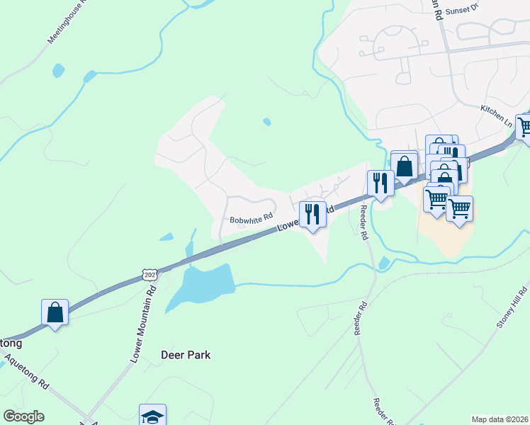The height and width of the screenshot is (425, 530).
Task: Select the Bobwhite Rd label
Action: point(251,220)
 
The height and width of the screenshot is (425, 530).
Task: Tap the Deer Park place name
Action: point(186,354)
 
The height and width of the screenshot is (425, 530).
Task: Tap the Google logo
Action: point(23,416)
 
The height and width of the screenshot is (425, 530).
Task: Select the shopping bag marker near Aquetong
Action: point(55,312)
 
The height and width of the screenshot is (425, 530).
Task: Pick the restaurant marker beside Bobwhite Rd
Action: point(312,213)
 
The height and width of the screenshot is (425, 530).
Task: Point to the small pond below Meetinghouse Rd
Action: point(58,71)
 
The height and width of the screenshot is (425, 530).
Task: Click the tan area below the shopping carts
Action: point(442,237)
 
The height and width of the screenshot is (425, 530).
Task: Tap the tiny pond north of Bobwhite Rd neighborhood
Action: point(267,122)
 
